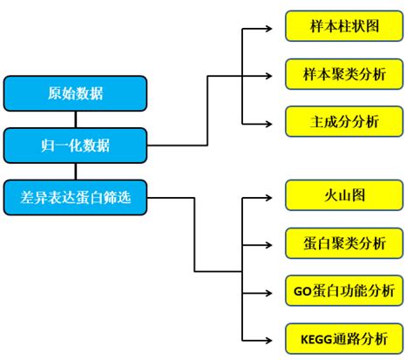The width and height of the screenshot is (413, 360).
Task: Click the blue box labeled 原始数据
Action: click(x=74, y=92)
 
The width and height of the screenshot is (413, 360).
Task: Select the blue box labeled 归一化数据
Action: click(x=74, y=143)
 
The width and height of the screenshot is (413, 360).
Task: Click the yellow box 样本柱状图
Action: click(x=344, y=27)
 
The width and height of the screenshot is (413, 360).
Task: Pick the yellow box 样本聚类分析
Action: click(x=344, y=74)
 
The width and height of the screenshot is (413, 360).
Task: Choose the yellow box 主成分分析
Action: click(x=344, y=122)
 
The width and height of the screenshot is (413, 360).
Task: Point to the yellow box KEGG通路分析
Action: click(x=344, y=337)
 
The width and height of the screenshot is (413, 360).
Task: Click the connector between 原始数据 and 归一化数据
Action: click(x=74, y=118)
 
